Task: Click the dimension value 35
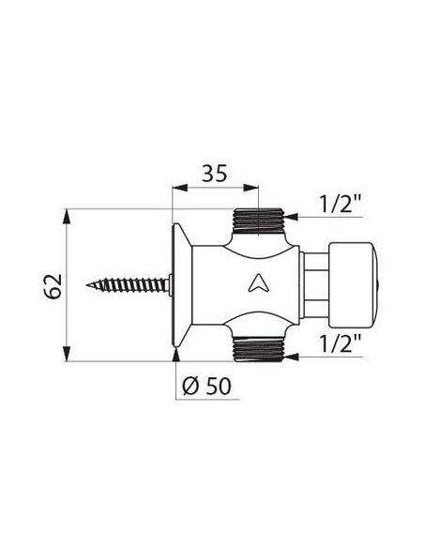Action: tap(215, 173)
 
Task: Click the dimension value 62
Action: tap(53, 286)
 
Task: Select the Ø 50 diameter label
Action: tap(206, 386)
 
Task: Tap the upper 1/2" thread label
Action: tap(341, 204)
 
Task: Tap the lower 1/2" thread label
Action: tap(341, 343)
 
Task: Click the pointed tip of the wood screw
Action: tap(86, 285)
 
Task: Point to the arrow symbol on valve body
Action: tap(259, 283)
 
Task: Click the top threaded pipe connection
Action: tap(259, 221)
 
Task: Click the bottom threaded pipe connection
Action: tap(259, 349)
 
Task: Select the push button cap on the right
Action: tap(355, 284)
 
